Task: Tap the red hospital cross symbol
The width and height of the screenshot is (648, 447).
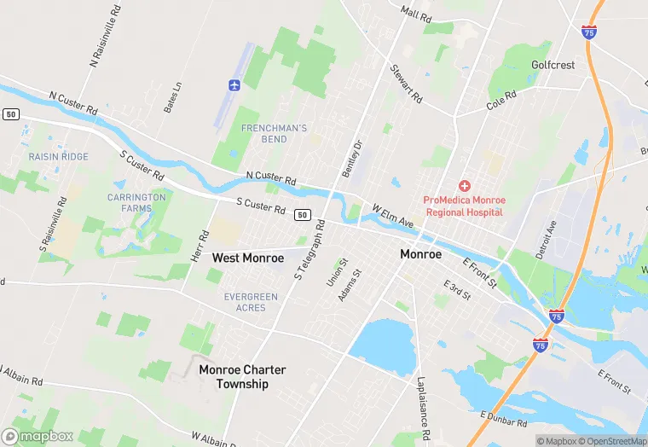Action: tap(464, 186)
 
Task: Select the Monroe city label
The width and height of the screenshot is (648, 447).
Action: tap(421, 254)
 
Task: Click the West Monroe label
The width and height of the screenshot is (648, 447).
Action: tap(248, 258)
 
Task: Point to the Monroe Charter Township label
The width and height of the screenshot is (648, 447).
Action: tap(242, 377)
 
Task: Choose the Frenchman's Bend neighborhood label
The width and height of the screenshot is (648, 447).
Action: tap(274, 133)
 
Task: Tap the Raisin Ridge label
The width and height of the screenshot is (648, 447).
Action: tap(58, 157)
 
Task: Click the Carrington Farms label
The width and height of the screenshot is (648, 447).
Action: tap(136, 202)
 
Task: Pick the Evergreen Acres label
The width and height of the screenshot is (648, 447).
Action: tap(251, 302)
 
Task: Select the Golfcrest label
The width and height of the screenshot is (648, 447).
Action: tap(553, 65)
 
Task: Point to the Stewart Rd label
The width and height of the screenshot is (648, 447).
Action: tap(407, 84)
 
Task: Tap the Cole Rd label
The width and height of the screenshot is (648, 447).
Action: tap(501, 102)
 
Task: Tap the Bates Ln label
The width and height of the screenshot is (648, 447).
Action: tap(173, 97)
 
